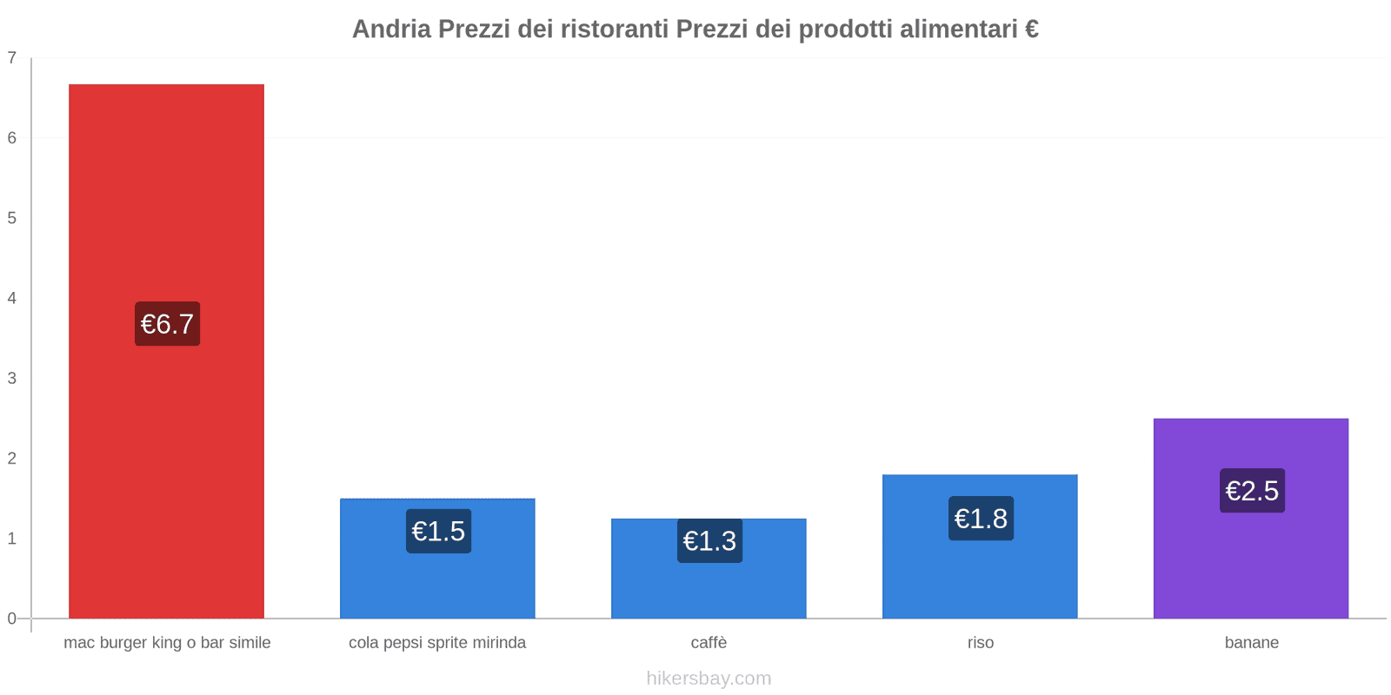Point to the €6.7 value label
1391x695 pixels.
(167, 324)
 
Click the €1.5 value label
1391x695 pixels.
(438, 531)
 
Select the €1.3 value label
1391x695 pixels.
(709, 541)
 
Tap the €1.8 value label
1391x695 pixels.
(981, 519)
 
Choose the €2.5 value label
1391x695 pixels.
(1252, 491)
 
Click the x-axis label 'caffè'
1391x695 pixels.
(709, 643)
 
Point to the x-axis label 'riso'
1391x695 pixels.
(981, 643)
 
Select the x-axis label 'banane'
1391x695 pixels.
(1252, 643)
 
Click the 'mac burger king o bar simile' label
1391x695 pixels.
(167, 643)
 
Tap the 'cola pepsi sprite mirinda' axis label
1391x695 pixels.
(437, 643)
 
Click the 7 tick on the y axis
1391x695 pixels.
(12, 58)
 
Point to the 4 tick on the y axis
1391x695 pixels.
(12, 299)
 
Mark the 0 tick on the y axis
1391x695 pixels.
(12, 619)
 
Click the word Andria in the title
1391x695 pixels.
(391, 30)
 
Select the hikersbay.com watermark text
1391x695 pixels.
(709, 678)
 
